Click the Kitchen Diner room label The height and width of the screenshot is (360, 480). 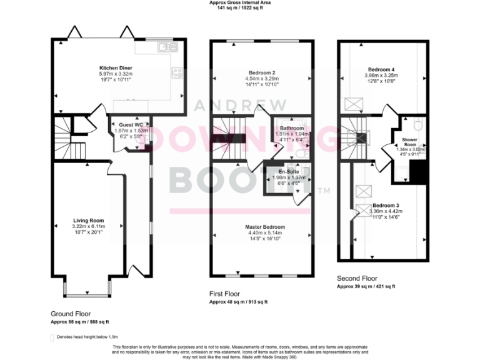[116, 67]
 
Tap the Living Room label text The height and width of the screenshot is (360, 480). [88, 221]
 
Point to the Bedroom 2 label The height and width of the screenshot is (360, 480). [261, 71]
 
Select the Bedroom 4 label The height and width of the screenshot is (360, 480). [380, 69]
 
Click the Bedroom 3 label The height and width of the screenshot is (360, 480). [386, 206]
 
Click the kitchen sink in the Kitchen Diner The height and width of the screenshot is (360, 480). [166, 46]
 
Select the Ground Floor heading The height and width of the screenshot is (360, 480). [71, 314]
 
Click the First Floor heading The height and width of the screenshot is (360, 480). [232, 294]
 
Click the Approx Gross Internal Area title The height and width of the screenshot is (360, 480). [240, 3]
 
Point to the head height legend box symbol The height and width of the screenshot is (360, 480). [52, 337]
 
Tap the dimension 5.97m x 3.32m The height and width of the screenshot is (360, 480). [116, 74]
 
